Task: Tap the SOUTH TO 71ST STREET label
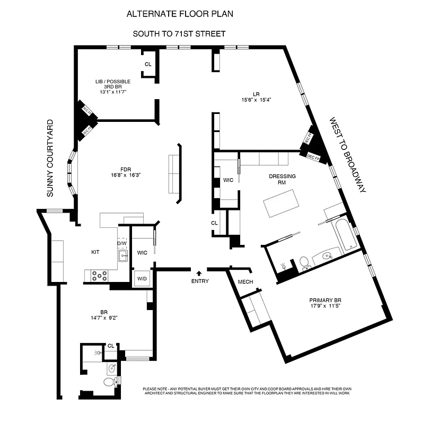tap(180, 34)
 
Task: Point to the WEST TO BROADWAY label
tap(347, 154)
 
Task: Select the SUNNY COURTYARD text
tap(51, 159)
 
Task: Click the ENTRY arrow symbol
tap(199, 273)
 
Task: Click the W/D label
tap(142, 279)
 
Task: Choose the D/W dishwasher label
tap(122, 243)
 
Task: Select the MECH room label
tap(245, 281)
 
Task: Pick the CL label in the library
tap(148, 64)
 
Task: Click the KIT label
tap(95, 253)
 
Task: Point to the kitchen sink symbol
tap(123, 257)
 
